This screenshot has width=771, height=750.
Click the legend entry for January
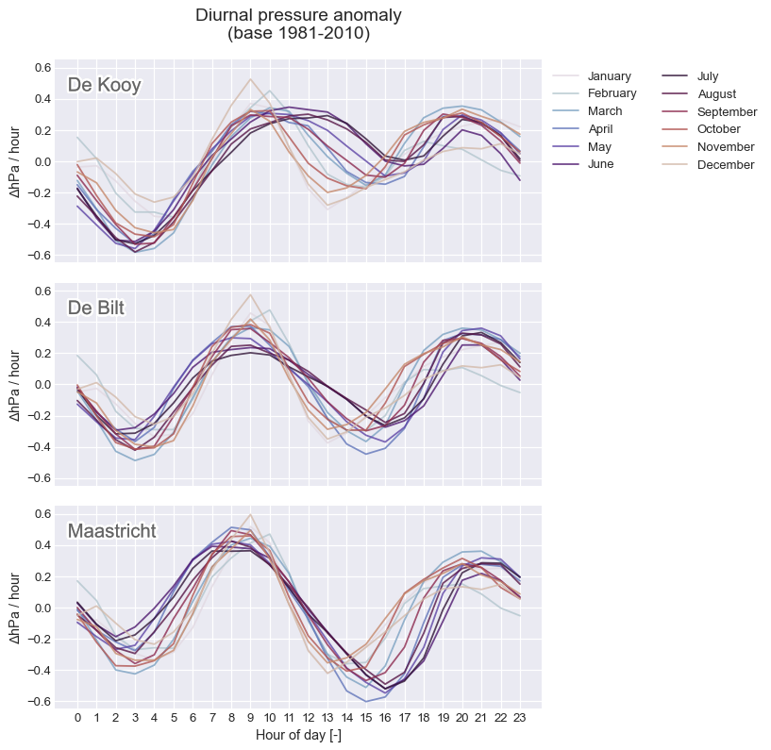pos(592,75)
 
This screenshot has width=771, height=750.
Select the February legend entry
pos(595,93)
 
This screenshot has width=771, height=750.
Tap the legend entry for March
pos(588,111)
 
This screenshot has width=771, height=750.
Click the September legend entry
pos(710,111)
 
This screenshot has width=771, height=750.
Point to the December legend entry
pos(708,165)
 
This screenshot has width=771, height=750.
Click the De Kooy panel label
pos(104,85)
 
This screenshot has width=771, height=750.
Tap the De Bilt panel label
pos(96,308)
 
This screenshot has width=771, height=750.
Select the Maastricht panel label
pos(111,531)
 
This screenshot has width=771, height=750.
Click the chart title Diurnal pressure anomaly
pos(298,15)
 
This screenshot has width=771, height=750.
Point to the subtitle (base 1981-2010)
pos(298,33)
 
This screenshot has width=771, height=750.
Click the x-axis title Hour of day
pos(298,735)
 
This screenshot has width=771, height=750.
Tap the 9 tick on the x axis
pos(250,718)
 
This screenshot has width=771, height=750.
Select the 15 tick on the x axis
pos(366,718)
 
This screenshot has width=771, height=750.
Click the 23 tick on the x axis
pos(520,718)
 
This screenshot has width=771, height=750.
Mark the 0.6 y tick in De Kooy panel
pos(42,68)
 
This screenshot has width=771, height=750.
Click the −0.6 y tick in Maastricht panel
pos(40,701)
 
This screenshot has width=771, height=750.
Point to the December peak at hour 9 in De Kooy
pos(250,78)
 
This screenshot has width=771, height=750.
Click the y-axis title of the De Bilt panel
pos(15,385)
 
